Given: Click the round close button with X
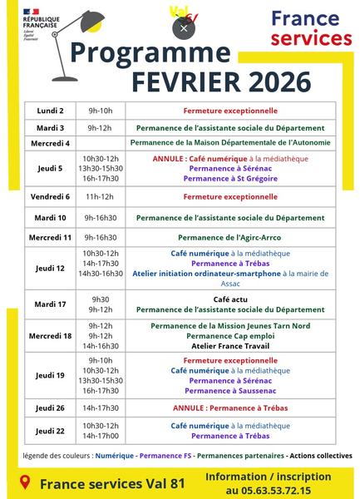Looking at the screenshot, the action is tap(184, 27).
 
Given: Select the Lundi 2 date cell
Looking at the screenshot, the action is tap(50, 111).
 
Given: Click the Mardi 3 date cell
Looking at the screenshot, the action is tap(50, 128).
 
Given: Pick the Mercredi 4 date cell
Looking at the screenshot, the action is tap(50, 143).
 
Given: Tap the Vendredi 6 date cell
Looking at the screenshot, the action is tap(50, 197).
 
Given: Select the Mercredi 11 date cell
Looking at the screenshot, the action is tap(50, 237).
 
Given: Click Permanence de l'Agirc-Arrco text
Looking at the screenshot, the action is tap(230, 237).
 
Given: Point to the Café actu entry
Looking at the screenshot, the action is tap(230, 299).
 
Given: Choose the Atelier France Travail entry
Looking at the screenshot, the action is tap(230, 345).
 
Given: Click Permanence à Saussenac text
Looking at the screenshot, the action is tap(230, 390).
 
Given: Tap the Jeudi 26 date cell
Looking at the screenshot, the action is tap(50, 408).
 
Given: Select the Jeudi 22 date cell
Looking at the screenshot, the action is tap(50, 430).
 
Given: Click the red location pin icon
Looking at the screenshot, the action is tap(24, 482).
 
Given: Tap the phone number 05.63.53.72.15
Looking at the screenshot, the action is tap(269, 491).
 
